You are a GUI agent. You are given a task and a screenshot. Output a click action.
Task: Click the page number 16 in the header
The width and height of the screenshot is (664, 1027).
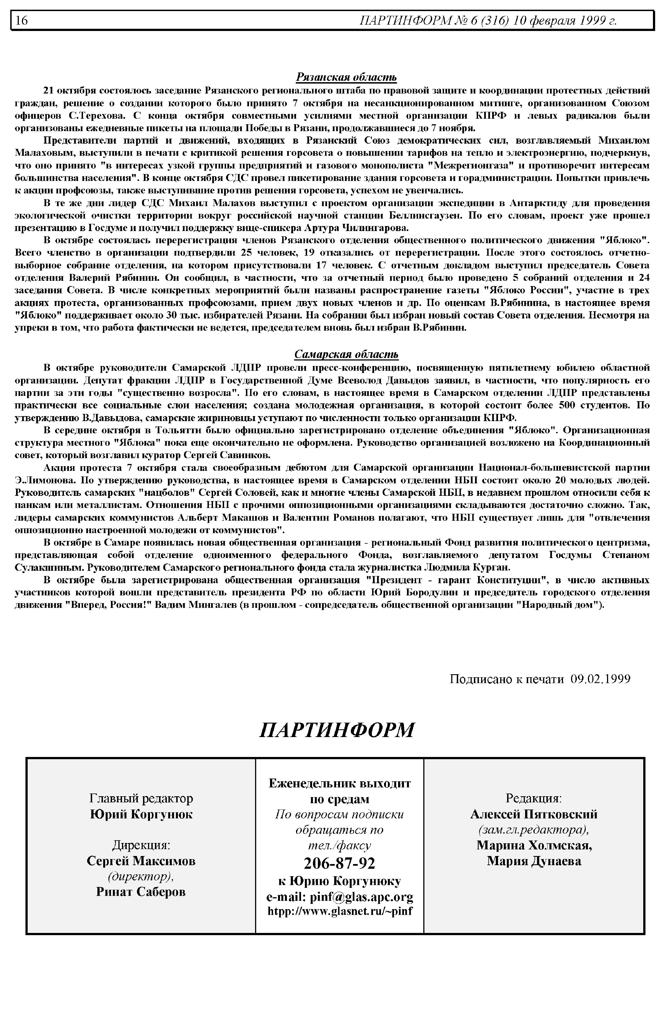tap(22, 20)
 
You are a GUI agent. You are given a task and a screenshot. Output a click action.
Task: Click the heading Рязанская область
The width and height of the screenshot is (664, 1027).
tap(346, 77)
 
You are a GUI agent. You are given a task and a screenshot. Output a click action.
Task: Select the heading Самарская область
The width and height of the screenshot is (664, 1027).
tap(346, 354)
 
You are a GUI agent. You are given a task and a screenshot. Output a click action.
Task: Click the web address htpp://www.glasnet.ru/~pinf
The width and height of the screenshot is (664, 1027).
tap(340, 911)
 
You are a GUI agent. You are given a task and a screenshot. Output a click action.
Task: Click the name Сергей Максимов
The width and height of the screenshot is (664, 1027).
tap(141, 860)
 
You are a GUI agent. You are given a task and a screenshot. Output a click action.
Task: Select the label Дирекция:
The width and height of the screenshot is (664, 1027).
tap(141, 845)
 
